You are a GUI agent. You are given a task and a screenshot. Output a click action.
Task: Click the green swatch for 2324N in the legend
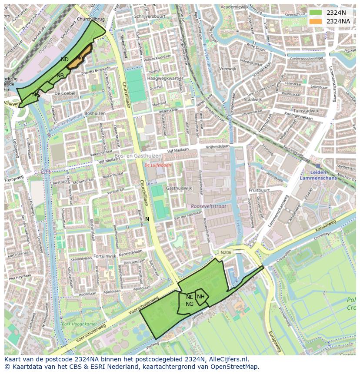point(316,13)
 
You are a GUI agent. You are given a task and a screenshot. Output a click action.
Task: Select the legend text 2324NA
point(338,21)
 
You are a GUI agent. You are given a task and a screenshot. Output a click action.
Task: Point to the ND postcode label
point(64,60)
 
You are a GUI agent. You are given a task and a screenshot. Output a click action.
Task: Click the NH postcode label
point(200,297)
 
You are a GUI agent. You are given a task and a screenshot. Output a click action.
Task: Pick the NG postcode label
point(190,304)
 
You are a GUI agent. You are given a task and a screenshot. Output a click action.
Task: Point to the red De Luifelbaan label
point(158,165)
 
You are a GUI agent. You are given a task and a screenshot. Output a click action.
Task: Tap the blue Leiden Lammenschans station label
point(319,175)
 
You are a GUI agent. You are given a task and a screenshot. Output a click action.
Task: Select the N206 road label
point(226,252)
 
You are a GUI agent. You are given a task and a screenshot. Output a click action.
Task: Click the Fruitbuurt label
point(260,190)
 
